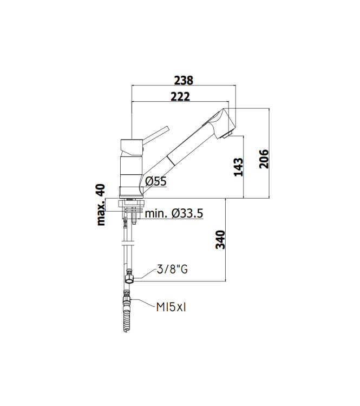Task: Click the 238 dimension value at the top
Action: (x=184, y=80)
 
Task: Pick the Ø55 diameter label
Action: (x=156, y=181)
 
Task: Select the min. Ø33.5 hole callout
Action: (x=174, y=213)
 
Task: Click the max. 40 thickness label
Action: (x=100, y=204)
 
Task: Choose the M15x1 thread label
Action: (x=171, y=307)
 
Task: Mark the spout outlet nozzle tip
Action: (x=231, y=133)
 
